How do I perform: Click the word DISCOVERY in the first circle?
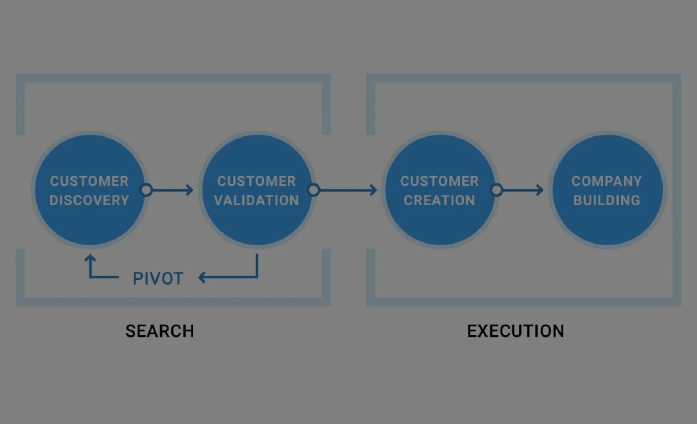(89, 200)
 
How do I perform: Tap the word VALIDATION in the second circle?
(257, 200)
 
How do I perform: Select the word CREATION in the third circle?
(439, 200)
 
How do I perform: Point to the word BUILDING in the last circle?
(607, 200)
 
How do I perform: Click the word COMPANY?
(607, 181)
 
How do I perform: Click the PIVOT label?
(158, 279)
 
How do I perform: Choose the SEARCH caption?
(160, 331)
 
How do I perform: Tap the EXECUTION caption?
(515, 331)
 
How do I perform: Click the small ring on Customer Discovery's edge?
(147, 190)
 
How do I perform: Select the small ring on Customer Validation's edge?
(314, 190)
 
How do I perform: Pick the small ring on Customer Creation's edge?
(497, 190)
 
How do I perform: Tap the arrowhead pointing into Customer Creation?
(374, 190)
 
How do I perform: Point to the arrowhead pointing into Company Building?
(541, 190)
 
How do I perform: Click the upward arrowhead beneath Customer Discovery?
(90, 258)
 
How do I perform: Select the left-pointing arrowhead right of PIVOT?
(202, 278)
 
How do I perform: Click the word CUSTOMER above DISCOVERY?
(89, 181)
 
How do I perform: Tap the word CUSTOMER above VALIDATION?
(257, 181)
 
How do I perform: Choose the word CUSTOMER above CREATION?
(439, 181)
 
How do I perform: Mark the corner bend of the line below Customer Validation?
(257, 277)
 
